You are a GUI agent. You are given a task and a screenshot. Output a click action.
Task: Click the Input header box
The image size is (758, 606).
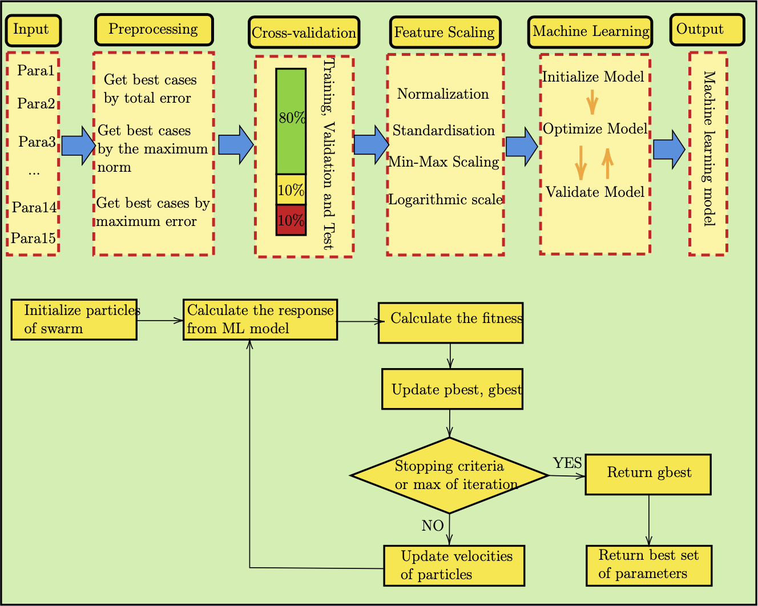[x=33, y=30]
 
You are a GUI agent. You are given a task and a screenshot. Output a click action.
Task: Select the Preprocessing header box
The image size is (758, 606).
[x=154, y=30]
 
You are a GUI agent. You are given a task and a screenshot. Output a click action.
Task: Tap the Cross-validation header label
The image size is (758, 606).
[x=304, y=33]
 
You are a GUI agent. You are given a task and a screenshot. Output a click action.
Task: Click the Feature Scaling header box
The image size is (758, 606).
[x=445, y=33]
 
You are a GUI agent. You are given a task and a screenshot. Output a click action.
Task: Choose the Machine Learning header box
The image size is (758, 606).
[x=591, y=32]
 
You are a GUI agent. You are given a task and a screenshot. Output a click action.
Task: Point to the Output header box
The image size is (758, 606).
[x=707, y=30]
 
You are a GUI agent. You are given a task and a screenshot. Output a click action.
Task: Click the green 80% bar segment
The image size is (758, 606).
[x=291, y=121]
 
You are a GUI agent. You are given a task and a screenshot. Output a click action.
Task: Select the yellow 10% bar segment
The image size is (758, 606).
[x=291, y=190]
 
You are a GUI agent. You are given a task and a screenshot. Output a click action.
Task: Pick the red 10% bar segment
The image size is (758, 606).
[x=291, y=220]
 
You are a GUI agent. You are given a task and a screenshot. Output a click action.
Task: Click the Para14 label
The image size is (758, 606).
[x=34, y=207]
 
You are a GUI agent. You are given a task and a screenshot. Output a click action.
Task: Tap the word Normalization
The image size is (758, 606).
[x=443, y=94]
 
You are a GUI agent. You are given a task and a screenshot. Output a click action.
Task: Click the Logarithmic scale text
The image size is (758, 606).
[x=445, y=200]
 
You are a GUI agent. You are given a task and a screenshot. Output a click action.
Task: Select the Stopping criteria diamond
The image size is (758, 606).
[x=450, y=475]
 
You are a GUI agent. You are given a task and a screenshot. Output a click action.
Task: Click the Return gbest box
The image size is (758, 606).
[x=648, y=474]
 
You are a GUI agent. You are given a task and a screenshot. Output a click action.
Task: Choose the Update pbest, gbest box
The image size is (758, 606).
[x=452, y=389]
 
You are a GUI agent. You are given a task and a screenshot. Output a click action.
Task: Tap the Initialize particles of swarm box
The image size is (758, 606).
[x=74, y=320]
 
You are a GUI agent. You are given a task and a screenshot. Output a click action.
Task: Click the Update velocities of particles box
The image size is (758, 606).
[x=454, y=565]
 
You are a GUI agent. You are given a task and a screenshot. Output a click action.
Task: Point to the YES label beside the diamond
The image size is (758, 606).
[x=567, y=463]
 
